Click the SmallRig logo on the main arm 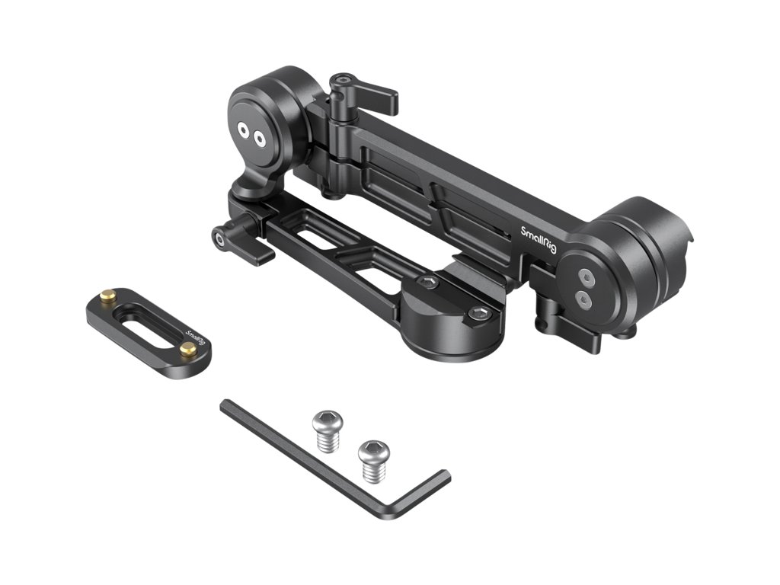point(539,240)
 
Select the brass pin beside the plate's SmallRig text point(188,350)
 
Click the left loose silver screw point(326,431)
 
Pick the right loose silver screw point(373,461)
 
